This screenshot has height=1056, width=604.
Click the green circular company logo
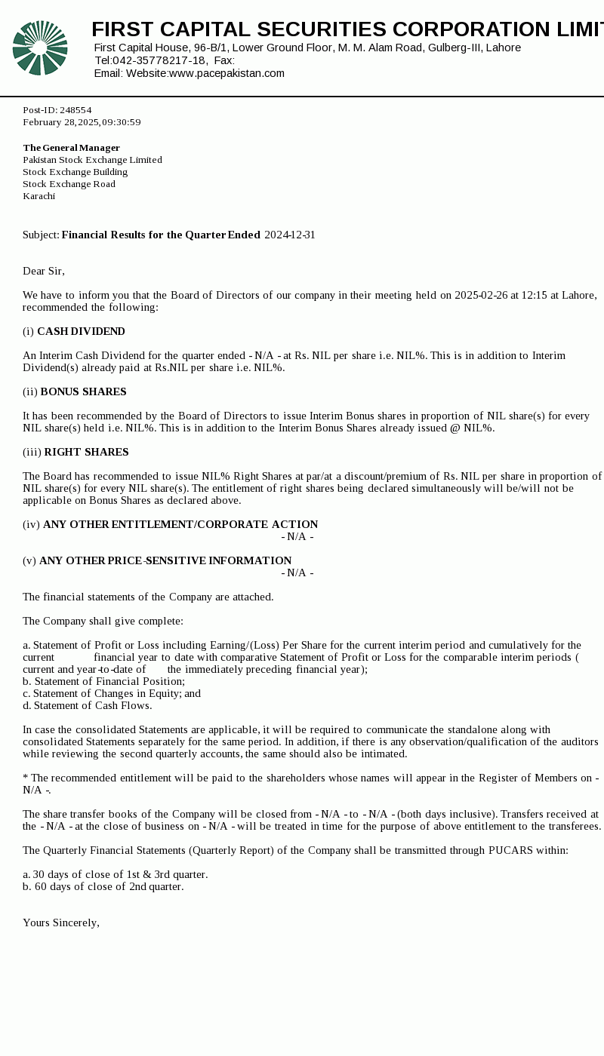tap(40, 48)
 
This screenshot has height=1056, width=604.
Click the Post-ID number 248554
tap(75, 110)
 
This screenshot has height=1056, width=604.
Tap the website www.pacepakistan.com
tap(226, 73)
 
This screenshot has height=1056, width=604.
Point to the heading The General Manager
tap(71, 148)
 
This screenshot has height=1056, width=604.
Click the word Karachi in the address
tap(39, 196)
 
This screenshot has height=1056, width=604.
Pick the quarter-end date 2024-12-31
tap(289, 235)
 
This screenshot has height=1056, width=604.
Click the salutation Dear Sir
tap(43, 272)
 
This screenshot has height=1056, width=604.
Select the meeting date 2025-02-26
tap(481, 296)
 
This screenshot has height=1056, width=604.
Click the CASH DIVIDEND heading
tap(81, 332)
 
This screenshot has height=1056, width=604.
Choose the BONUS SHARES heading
tap(83, 392)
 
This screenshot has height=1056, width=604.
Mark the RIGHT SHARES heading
tap(86, 453)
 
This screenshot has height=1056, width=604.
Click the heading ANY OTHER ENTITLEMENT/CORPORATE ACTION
tap(180, 525)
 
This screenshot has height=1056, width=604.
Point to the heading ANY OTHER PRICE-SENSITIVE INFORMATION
tap(165, 561)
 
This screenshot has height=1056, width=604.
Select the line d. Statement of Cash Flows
tap(87, 706)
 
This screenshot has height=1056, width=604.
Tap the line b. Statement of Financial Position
tap(103, 682)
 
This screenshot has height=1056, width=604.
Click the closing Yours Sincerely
tap(61, 923)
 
